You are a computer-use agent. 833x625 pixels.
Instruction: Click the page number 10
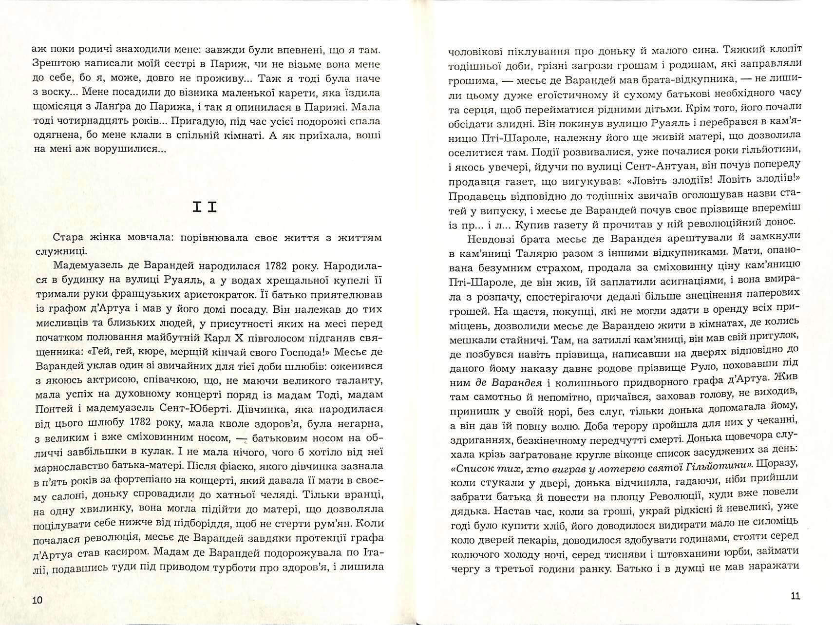37,599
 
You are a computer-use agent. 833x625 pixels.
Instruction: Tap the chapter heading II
204,208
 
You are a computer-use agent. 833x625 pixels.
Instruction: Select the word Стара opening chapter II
67,238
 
